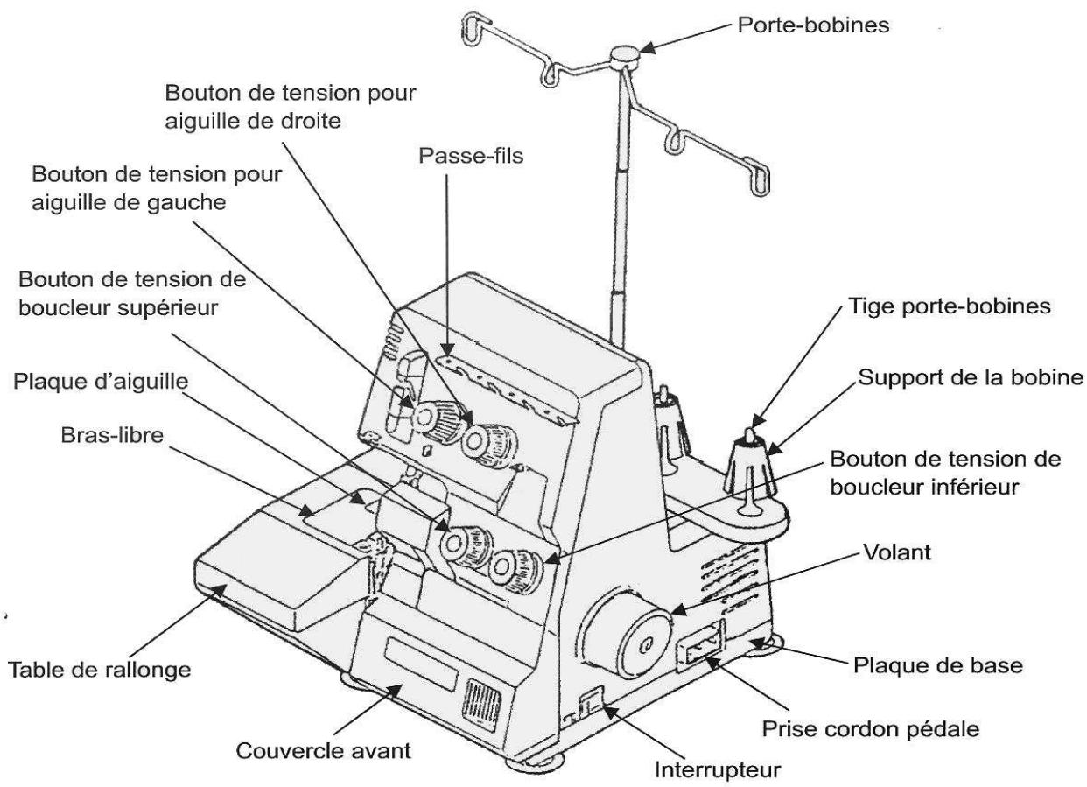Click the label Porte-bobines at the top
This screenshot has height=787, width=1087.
pos(813,25)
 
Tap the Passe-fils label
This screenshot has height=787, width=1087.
pos(471,156)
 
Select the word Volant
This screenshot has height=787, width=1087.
pos(897,552)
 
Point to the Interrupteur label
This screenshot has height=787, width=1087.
pos(719,769)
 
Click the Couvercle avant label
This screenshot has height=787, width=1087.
pos(323,750)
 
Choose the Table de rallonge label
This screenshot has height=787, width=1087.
pos(100,670)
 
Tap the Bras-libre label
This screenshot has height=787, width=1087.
pos(112,435)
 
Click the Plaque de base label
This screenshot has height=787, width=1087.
pos(938,665)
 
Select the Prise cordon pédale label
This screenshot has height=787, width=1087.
pos(871,728)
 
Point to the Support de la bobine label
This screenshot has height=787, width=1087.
pos(971,377)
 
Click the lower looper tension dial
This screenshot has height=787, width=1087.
pos(515,570)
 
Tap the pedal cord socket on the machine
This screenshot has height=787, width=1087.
pos(701,652)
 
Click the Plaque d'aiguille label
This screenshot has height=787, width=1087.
pos(101,382)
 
